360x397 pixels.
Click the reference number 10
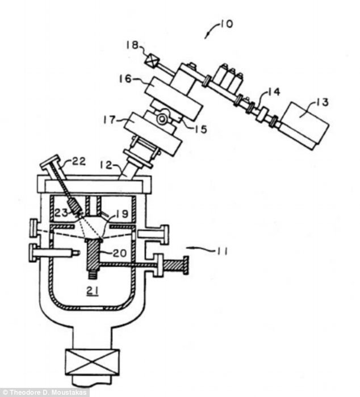(x=227, y=24)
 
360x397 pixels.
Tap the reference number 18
(x=132, y=45)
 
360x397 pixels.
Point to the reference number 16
(x=125, y=79)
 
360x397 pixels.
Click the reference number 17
(x=110, y=119)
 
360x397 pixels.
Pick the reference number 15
(x=201, y=129)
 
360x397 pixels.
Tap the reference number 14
(x=274, y=91)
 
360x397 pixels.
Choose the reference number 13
(x=322, y=102)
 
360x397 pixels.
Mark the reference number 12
(x=107, y=165)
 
